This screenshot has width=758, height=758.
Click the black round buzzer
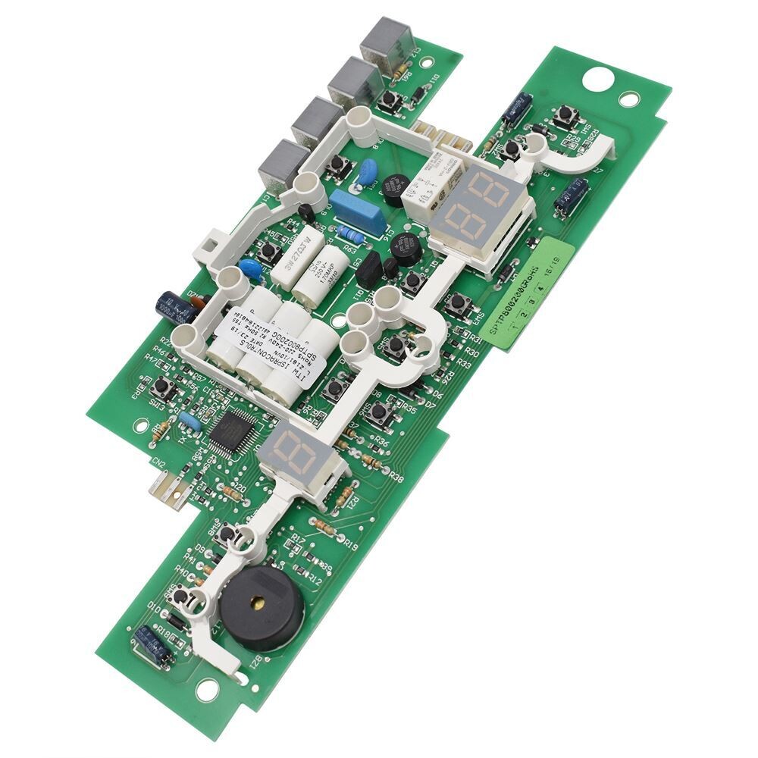coord(262,607)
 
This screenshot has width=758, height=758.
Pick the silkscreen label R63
coord(350,248)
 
